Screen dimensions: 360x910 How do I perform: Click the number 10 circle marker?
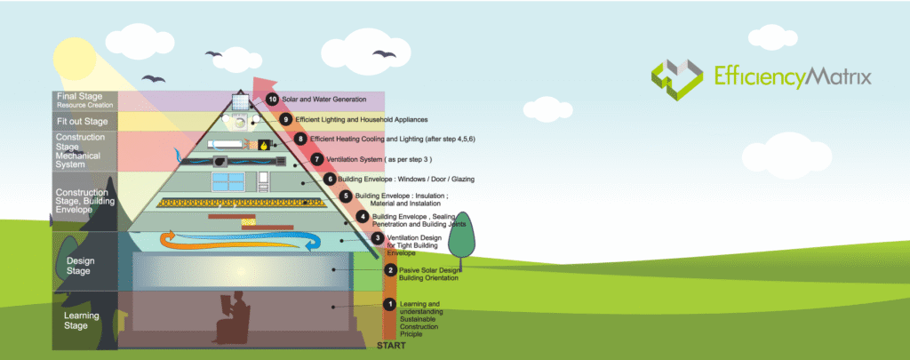tap(274, 100)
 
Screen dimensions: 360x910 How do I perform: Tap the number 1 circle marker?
tap(388, 305)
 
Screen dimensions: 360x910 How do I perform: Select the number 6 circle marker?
tap(330, 179)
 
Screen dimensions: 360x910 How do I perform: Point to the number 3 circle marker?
tap(378, 238)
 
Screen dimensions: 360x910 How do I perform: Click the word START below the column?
tap(391, 345)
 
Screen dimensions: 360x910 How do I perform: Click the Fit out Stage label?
tap(83, 121)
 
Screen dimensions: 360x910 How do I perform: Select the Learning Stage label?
tap(82, 321)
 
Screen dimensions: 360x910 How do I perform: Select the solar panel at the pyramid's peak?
tap(240, 100)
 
